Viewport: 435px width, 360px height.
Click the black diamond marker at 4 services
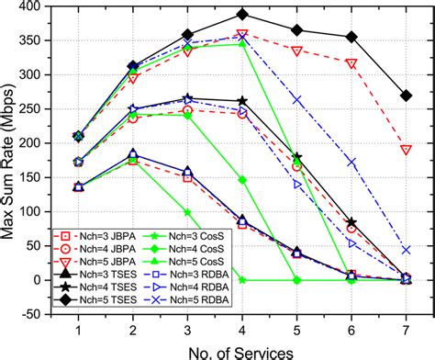pyautogui.click(x=242, y=15)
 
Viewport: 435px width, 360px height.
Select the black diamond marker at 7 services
pyautogui.click(x=407, y=96)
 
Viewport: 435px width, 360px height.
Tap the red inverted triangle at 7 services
pyautogui.click(x=407, y=150)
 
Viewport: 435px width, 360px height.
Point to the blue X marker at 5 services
pyautogui.click(x=296, y=99)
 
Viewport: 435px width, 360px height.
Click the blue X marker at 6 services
pyautogui.click(x=351, y=163)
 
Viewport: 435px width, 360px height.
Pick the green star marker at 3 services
pyautogui.click(x=187, y=212)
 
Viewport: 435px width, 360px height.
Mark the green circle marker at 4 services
pyautogui.click(x=242, y=180)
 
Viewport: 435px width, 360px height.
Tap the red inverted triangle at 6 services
pyautogui.click(x=351, y=63)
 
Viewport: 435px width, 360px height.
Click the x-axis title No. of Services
pyautogui.click(x=242, y=350)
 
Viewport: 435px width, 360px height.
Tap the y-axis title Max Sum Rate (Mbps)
pyautogui.click(x=8, y=160)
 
